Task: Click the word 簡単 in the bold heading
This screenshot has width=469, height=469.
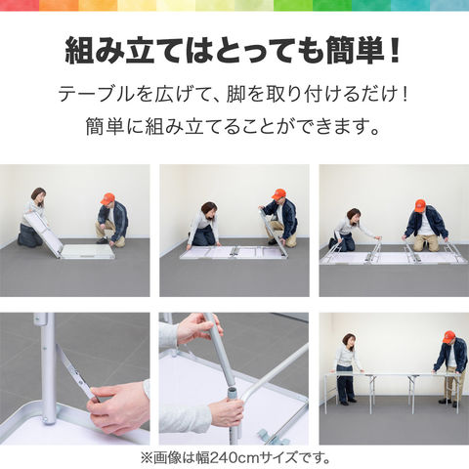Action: (356, 51)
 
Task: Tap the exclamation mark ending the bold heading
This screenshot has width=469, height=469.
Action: (395, 51)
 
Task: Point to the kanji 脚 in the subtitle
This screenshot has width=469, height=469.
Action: (235, 94)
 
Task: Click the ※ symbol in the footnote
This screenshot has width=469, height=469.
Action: (147, 457)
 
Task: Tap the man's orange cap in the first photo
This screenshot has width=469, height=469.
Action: (107, 198)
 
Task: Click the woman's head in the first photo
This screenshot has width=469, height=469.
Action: (38, 195)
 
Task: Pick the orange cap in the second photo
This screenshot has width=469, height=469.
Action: (278, 193)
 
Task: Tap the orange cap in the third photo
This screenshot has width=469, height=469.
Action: (420, 205)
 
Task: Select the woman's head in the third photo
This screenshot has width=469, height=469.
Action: (354, 216)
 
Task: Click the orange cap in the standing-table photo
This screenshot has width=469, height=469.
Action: (448, 336)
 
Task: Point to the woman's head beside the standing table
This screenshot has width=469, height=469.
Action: (349, 341)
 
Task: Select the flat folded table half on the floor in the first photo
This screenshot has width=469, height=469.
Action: (89, 252)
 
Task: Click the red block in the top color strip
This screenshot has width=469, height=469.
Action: (20, 5)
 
